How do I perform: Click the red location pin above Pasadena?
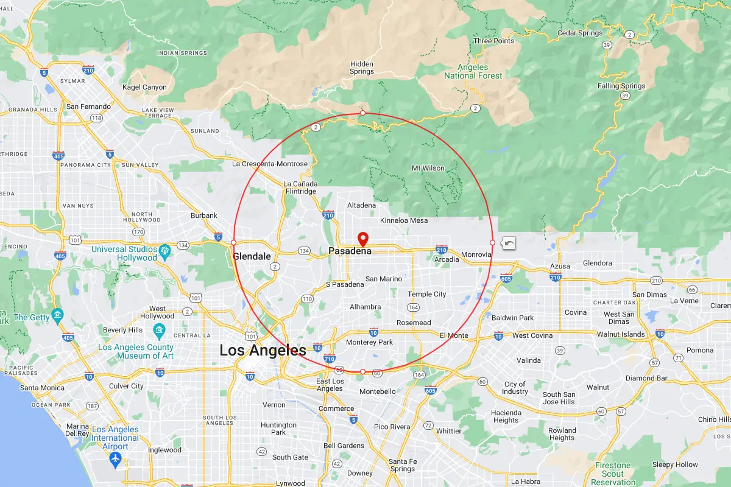coord(363,238)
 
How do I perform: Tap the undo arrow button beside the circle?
coord(509,243)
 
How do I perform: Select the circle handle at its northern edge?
coord(363,113)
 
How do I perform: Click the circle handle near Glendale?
coord(233,243)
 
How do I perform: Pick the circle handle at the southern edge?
coord(363,371)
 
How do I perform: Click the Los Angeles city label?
coord(263,350)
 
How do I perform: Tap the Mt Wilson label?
coord(428,168)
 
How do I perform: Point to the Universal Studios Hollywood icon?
coord(164,250)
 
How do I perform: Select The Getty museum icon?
coord(58,314)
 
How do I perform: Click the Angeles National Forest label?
coord(473,71)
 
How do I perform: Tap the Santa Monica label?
coord(42,387)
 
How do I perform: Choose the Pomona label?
coord(700,350)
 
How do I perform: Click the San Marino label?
coord(384,279)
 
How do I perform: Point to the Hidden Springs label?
coord(362,68)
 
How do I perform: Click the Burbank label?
coord(204,215)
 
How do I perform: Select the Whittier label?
coord(448,431)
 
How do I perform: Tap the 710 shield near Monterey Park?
coord(330,359)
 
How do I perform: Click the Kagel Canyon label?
coord(144,87)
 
